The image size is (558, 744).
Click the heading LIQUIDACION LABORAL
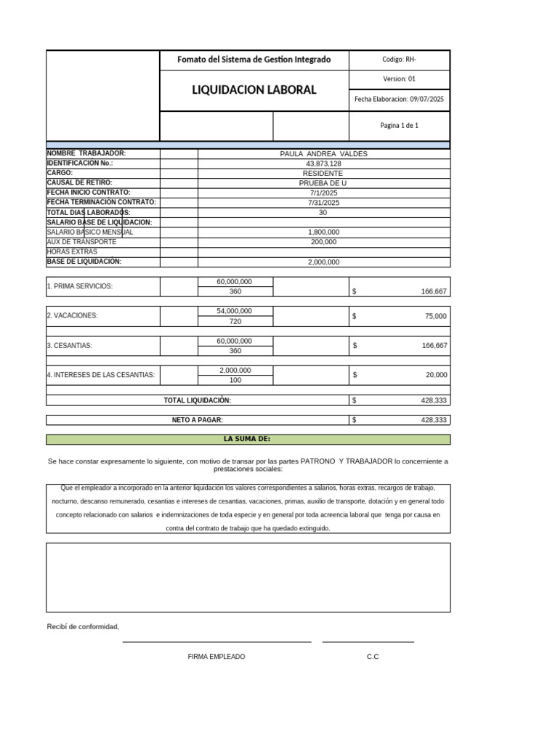click(x=254, y=90)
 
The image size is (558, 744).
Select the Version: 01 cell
click(x=399, y=79)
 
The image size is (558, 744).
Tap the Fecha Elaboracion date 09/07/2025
click(x=426, y=99)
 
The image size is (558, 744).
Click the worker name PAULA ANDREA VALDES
click(x=323, y=154)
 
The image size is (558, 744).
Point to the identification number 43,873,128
click(x=323, y=163)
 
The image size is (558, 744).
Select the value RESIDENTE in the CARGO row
click(x=323, y=174)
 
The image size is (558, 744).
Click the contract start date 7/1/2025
click(x=323, y=193)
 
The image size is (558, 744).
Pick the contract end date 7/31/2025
click(x=323, y=203)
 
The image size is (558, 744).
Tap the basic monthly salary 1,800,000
click(x=323, y=232)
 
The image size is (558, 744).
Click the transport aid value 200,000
click(x=323, y=242)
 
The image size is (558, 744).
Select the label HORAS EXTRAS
click(x=71, y=252)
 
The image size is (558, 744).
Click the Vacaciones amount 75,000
click(x=436, y=317)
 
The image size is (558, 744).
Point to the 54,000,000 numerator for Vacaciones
click(x=235, y=311)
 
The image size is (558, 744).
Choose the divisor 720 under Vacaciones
click(x=235, y=321)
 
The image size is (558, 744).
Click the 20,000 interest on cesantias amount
click(x=437, y=376)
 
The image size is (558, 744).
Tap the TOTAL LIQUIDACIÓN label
click(x=197, y=400)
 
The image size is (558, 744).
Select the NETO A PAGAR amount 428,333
click(x=434, y=420)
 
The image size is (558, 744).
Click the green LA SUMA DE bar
click(x=248, y=439)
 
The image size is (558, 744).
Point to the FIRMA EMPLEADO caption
click(x=216, y=657)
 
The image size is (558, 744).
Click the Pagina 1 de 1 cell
click(x=399, y=126)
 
